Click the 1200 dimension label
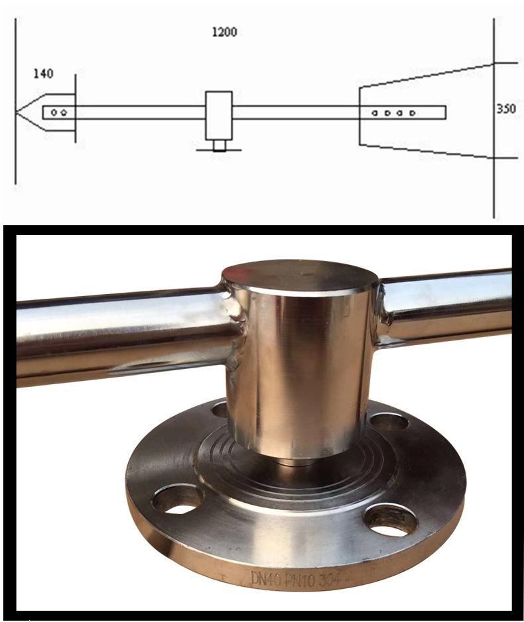(224, 32)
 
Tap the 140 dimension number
(43, 74)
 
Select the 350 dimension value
(507, 108)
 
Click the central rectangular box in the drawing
(219, 115)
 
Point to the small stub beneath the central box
(219, 145)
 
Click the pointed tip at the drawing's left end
(16, 112)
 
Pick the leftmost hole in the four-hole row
(375, 113)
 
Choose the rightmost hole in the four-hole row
(413, 113)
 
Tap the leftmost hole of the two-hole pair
(54, 113)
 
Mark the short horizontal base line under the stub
(219, 150)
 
